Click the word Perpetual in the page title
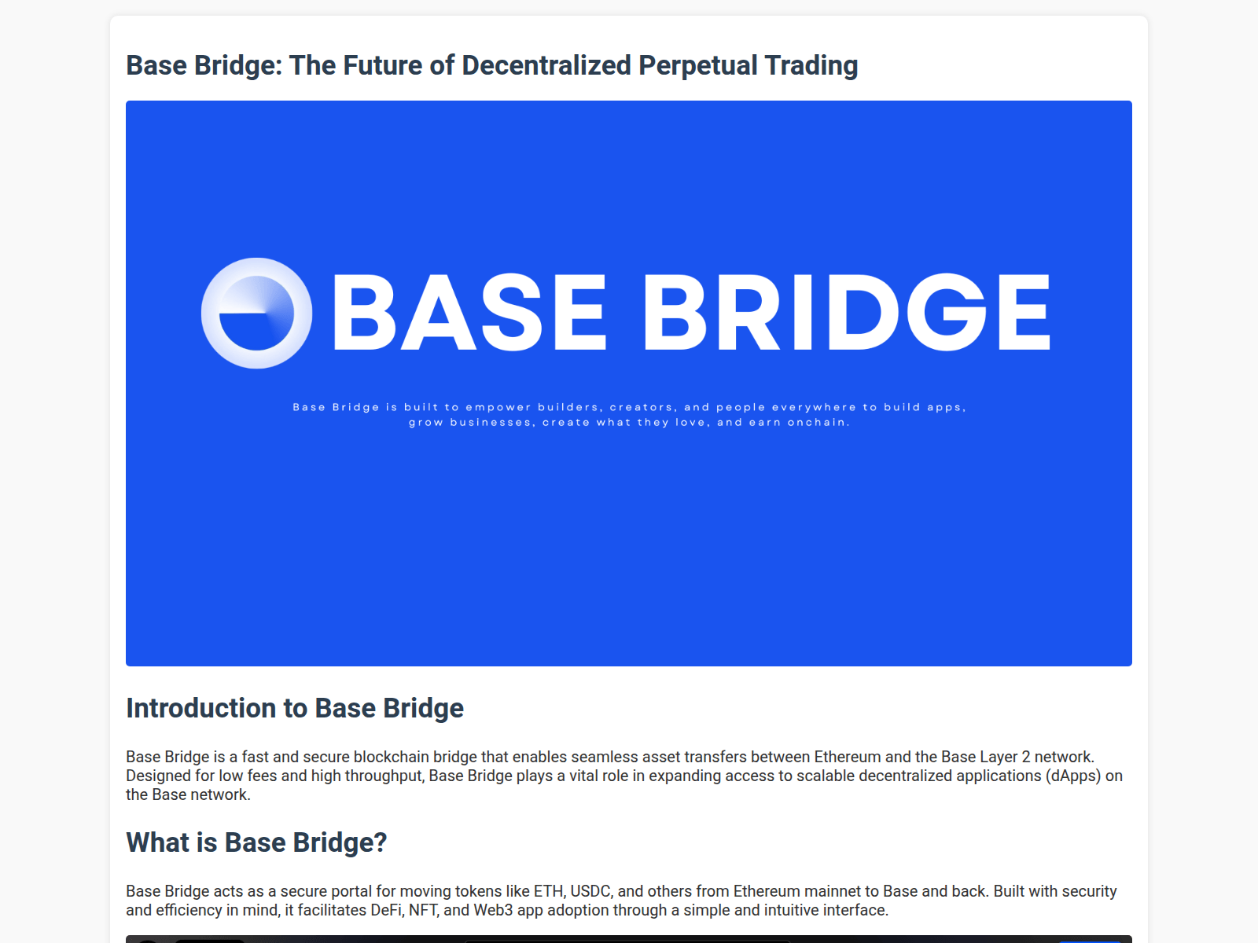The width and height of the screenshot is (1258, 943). tap(697, 66)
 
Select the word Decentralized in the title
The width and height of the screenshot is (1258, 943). tap(546, 66)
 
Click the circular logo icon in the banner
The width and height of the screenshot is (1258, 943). tap(256, 313)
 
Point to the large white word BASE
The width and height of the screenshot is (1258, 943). tap(470, 313)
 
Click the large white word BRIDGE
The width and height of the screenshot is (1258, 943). tap(847, 313)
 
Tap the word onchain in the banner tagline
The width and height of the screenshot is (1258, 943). tap(818, 423)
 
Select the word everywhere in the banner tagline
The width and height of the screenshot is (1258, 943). tap(814, 407)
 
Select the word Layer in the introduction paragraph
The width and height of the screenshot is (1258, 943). tap(998, 757)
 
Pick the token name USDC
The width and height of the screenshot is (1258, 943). tap(590, 891)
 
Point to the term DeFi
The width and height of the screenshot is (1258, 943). tap(384, 910)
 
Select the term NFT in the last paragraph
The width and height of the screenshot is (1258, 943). tap(422, 910)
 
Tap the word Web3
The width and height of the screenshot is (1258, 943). tap(492, 910)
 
